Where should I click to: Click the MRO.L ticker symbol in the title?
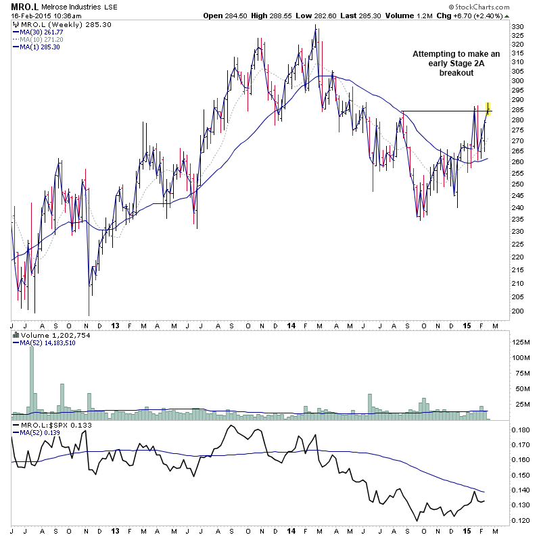click(x=23, y=7)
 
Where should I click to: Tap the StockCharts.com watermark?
click(x=507, y=16)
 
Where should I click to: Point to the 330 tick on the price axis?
click(x=518, y=27)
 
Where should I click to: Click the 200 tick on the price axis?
click(x=518, y=311)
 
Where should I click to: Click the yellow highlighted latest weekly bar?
click(x=488, y=108)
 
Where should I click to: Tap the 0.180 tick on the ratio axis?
click(x=520, y=430)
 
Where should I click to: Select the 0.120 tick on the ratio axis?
click(x=520, y=521)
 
